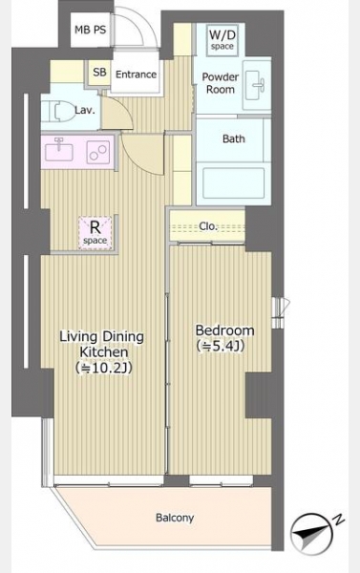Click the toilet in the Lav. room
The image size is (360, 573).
(x=54, y=111)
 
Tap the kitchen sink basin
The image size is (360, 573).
(x=58, y=151)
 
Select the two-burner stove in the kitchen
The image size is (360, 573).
(x=98, y=152)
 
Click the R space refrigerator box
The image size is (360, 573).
(x=95, y=233)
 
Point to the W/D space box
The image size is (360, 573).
(x=222, y=40)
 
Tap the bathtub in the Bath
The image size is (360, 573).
(x=233, y=183)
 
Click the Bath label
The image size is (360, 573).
(x=234, y=138)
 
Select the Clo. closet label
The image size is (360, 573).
(x=208, y=226)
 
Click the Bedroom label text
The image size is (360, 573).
(x=224, y=330)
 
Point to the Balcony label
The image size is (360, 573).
(x=175, y=518)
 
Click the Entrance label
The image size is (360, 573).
(x=136, y=74)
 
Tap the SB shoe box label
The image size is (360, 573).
(x=99, y=72)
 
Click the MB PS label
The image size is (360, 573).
(x=91, y=30)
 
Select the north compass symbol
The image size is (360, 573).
(x=311, y=534)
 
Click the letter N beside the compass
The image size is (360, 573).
(x=339, y=520)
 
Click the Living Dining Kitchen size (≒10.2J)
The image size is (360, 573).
(x=104, y=369)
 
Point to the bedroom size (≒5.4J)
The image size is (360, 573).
(x=221, y=346)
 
